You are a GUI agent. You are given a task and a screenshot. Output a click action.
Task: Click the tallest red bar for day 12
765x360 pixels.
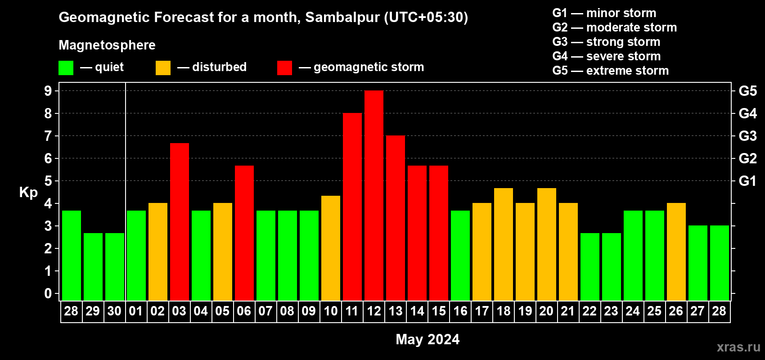(374, 195)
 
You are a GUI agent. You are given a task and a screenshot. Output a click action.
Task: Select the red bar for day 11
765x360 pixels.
(352, 207)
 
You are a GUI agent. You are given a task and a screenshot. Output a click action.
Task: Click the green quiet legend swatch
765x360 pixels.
(66, 68)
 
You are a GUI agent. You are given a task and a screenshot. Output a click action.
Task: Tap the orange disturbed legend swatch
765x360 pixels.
(163, 68)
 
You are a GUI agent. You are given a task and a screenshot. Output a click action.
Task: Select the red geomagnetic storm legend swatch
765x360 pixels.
(284, 68)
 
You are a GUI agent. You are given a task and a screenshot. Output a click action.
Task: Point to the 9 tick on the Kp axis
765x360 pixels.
(48, 91)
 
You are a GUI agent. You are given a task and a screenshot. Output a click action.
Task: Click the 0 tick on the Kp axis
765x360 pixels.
(48, 293)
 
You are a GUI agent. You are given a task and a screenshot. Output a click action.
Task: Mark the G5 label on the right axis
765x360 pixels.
(747, 91)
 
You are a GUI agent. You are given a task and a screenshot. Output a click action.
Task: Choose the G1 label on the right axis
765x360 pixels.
(747, 181)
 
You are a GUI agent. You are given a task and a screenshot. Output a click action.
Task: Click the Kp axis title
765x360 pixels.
(28, 193)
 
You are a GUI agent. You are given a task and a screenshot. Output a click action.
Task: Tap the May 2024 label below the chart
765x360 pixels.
(427, 339)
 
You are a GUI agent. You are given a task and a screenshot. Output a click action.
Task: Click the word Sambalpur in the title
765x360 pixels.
(342, 17)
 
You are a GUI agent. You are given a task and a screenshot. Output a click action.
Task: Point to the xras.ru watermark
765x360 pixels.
(738, 346)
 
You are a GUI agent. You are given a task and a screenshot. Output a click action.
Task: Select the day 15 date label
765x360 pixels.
(439, 311)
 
